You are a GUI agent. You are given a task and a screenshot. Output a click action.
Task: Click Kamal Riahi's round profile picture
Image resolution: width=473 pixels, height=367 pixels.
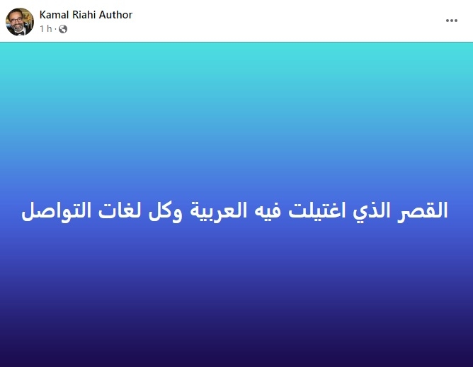[x=20, y=22]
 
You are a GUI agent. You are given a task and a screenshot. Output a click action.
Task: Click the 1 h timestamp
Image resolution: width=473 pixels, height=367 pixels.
[x=46, y=28]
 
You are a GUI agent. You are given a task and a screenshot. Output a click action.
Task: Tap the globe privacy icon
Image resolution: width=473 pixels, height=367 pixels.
[x=63, y=29]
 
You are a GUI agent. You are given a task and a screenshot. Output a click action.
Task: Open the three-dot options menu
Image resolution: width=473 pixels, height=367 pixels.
[x=452, y=21]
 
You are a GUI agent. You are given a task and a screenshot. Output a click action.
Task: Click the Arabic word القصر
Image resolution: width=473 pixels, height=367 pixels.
[x=422, y=210]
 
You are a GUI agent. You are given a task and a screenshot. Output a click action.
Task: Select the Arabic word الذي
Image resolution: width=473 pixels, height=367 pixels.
[x=371, y=211]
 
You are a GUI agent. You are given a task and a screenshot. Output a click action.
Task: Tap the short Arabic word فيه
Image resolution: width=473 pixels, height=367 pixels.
[x=268, y=210]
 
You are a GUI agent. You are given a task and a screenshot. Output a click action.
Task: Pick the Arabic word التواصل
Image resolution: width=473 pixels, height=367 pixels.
[x=56, y=211]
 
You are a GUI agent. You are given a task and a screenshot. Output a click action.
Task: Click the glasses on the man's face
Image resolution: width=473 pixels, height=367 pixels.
[x=16, y=20]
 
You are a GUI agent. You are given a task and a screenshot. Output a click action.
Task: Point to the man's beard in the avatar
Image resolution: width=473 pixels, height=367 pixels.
[x=18, y=28]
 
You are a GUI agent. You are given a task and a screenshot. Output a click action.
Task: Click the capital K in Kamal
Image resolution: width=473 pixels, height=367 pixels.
[x=42, y=15]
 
